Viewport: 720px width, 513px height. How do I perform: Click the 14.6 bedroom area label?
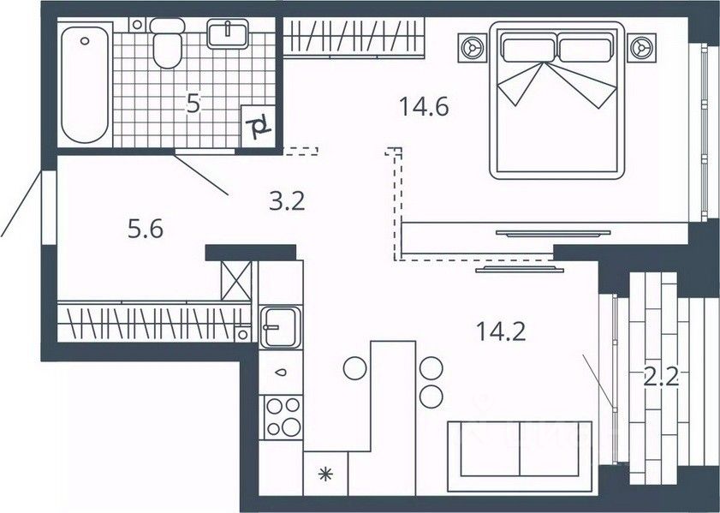[x=424, y=107]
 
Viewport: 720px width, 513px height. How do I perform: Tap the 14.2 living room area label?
[x=501, y=331]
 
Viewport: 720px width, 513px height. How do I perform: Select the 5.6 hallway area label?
[x=145, y=229]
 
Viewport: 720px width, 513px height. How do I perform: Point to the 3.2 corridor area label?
[x=287, y=201]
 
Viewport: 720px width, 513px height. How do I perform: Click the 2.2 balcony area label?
[x=661, y=378]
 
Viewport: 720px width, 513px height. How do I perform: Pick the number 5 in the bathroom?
[x=193, y=104]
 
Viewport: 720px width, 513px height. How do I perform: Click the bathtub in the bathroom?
[x=85, y=85]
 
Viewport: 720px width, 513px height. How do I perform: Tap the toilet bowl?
[x=167, y=44]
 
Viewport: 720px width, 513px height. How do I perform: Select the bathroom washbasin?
[x=227, y=33]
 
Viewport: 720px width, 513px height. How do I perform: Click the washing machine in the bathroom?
[x=258, y=126]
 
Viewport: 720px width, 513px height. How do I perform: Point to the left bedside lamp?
[x=472, y=48]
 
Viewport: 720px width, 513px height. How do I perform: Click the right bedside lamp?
[x=641, y=48]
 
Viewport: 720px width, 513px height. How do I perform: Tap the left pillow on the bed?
[x=528, y=50]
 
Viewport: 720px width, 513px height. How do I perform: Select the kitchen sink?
[x=280, y=327]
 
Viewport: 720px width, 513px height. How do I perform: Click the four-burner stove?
[x=280, y=417]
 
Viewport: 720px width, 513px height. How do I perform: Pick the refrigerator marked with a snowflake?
[x=325, y=474]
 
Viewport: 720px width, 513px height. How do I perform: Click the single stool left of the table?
[x=355, y=368]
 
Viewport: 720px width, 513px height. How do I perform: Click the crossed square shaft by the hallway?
[x=236, y=281]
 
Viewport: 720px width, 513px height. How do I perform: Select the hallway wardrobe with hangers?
[x=154, y=321]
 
